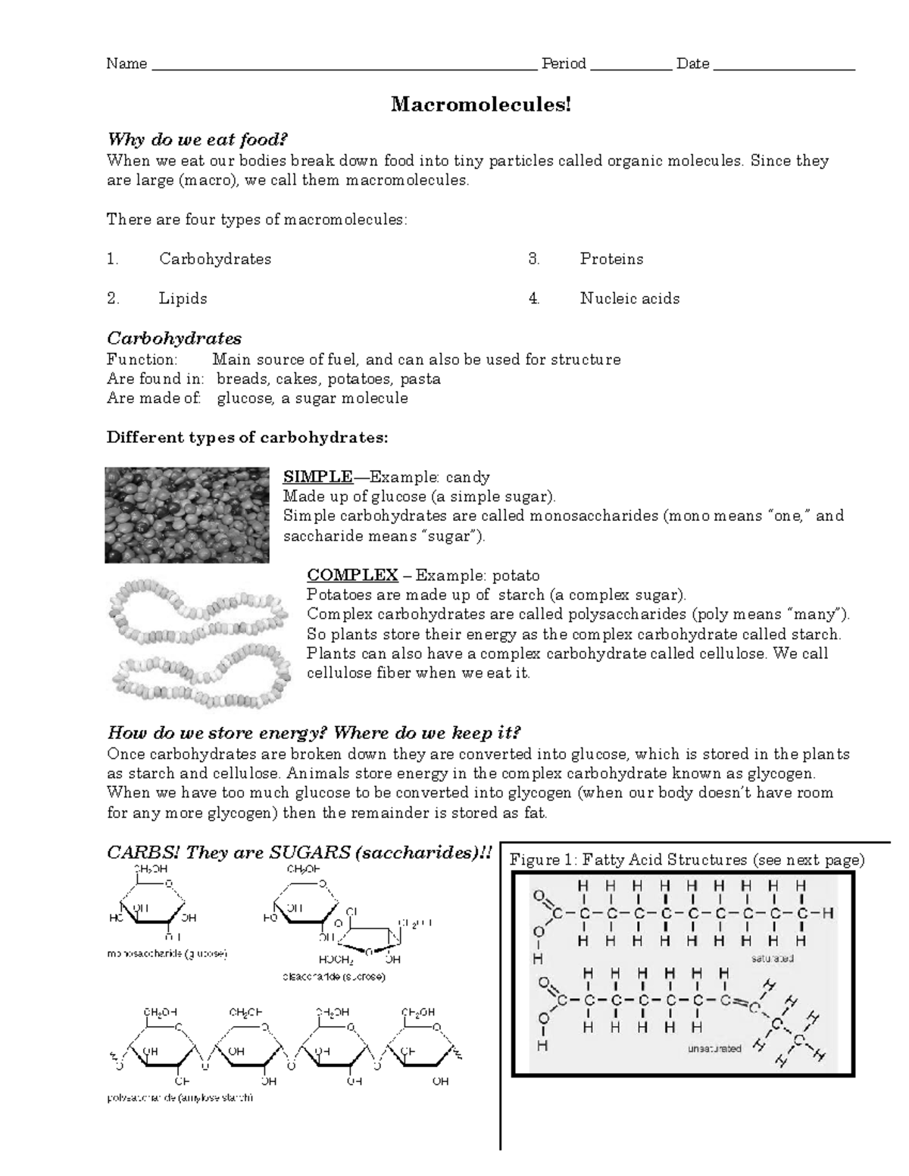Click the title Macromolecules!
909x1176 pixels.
pos(480,104)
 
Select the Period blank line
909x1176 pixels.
pos(630,67)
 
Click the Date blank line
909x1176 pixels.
pos(784,67)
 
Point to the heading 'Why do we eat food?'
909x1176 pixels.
pos(198,140)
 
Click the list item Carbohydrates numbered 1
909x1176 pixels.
pos(214,259)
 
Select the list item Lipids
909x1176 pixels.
pos(183,298)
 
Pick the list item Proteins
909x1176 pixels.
pos(611,259)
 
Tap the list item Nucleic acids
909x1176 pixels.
pos(629,298)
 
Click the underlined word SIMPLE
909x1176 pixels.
pos(317,477)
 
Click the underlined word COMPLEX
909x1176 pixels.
pos(352,576)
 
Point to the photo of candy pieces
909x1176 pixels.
pos(187,515)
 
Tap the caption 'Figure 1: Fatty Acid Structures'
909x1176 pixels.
pos(686,859)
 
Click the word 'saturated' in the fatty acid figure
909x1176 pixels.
pos(772,958)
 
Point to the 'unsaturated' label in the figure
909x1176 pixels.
pos(714,1049)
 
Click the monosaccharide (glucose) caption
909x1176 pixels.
pos(167,954)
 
